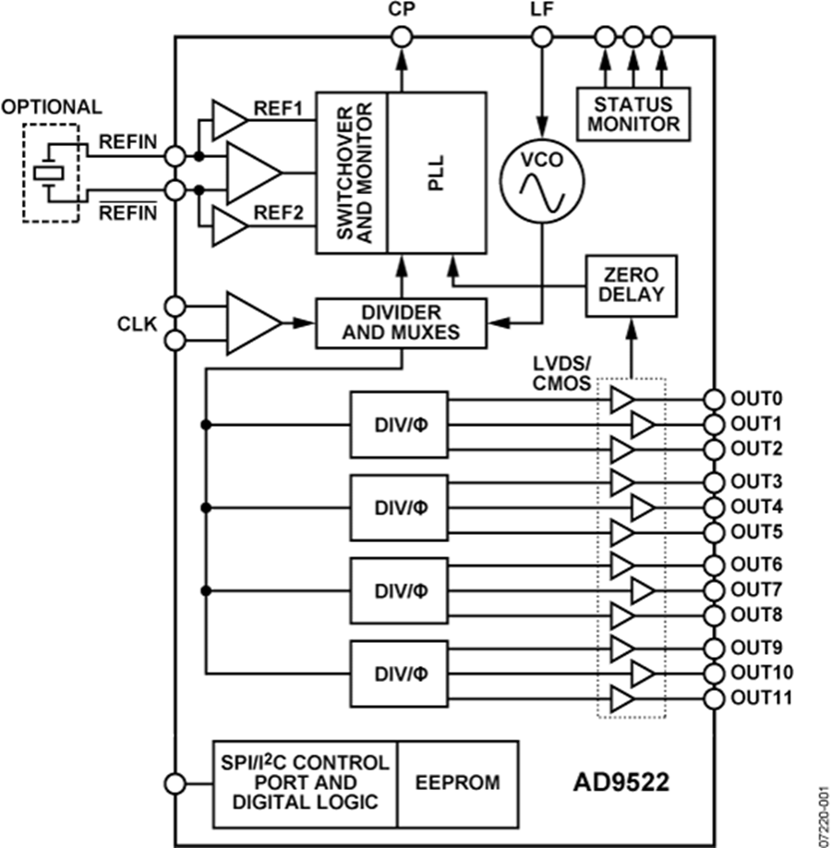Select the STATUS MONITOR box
point(634,113)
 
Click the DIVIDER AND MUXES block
point(401,323)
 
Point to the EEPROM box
point(458,782)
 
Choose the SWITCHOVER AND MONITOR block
point(352,173)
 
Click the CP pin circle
point(402,37)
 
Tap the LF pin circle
point(542,37)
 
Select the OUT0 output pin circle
point(713,399)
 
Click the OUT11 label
point(761,697)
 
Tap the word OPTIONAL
point(52,107)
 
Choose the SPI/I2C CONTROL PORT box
point(305,782)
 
